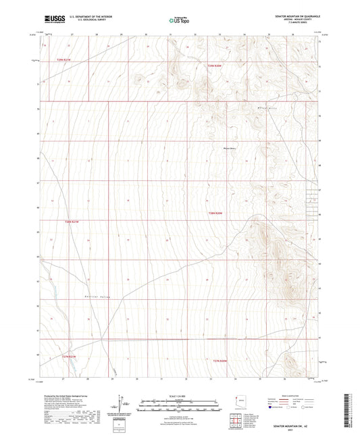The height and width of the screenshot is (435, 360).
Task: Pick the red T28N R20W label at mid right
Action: (215, 213)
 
